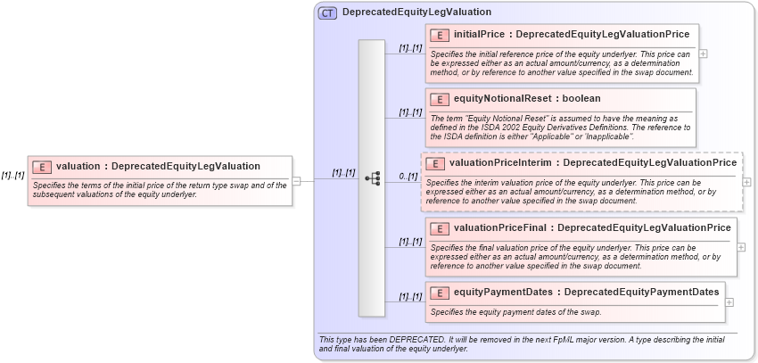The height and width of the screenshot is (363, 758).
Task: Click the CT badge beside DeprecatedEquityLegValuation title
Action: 328,13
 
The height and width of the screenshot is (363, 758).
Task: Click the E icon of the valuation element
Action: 42,167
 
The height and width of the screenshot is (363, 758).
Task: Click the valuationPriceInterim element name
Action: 501,163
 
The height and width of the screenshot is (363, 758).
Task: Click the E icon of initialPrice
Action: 439,35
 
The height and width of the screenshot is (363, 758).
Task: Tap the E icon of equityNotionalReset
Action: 439,98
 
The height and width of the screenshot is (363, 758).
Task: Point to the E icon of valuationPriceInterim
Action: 434,163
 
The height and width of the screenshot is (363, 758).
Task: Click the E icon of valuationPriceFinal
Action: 439,228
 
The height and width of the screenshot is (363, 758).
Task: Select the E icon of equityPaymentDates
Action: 439,292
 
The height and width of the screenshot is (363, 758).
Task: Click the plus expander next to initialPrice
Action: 704,53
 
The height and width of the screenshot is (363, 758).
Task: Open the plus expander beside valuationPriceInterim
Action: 747,182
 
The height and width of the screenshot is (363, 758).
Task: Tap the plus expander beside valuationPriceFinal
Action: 742,247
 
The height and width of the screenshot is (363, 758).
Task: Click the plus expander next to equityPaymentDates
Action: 730,301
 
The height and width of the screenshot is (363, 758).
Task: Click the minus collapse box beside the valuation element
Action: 297,180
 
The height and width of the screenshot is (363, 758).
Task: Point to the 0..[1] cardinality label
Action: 408,176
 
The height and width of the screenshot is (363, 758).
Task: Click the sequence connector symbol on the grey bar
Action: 372,178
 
